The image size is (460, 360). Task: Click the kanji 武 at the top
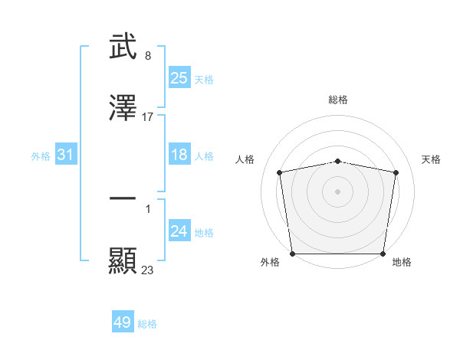point(123,47)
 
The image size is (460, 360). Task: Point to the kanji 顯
point(123,260)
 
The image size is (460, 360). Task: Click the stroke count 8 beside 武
point(147,56)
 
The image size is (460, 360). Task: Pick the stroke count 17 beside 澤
point(148,117)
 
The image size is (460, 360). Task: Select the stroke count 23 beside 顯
point(148,270)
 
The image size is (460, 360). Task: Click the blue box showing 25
point(179,78)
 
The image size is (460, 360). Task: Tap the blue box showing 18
point(179,155)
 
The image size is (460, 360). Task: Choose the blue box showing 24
point(179,231)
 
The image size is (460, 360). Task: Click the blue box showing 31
point(66,155)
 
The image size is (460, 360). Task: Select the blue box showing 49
point(123,322)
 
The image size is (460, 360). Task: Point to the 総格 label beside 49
point(147,324)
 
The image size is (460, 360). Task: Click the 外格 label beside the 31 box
point(41,156)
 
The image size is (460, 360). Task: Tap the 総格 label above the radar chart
point(338,100)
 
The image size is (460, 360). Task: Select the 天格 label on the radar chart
point(432,159)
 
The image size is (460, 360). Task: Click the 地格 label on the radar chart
point(402,263)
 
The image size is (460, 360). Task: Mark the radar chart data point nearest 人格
point(280,172)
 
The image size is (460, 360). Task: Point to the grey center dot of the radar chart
point(338,191)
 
